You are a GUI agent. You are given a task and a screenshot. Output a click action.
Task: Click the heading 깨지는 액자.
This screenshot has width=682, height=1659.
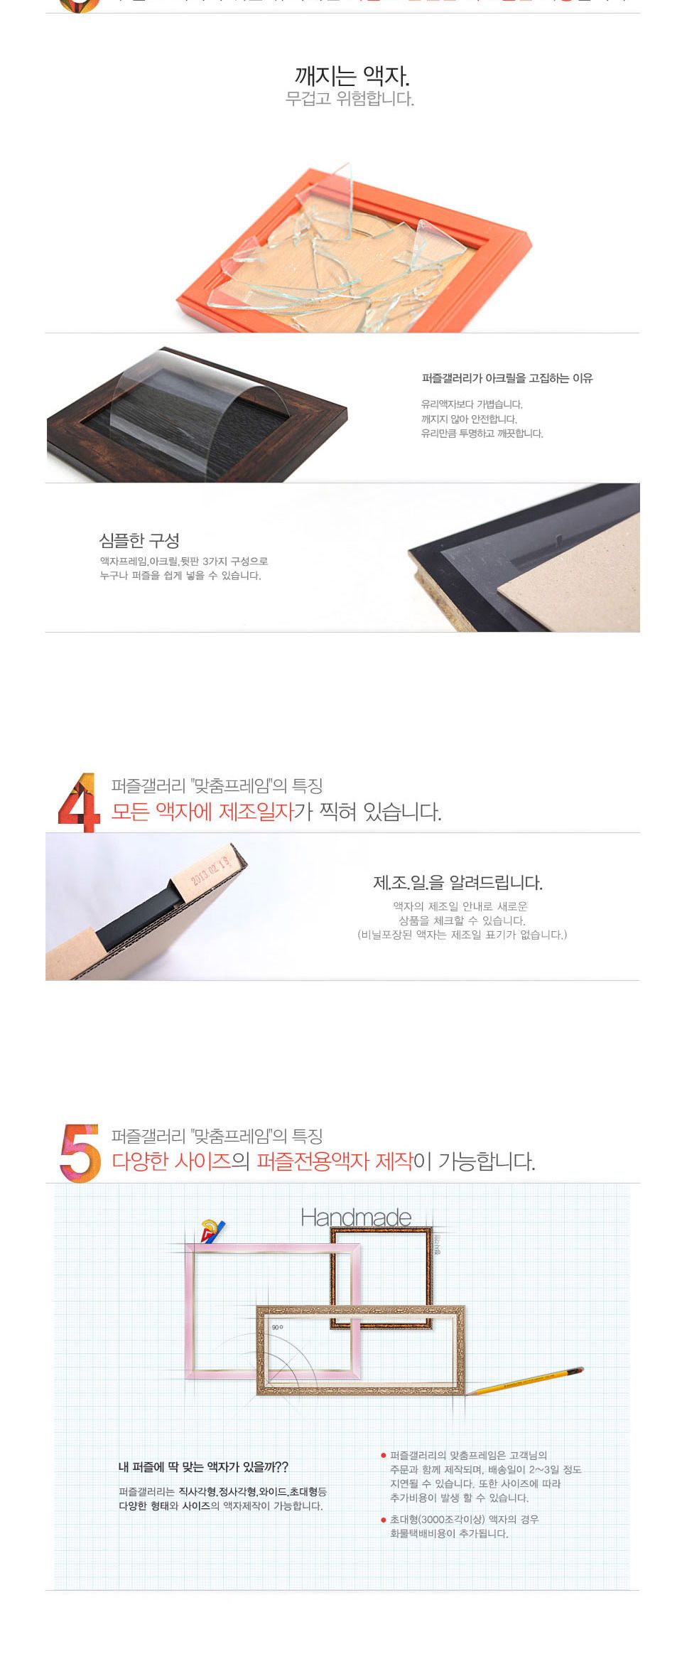point(352,75)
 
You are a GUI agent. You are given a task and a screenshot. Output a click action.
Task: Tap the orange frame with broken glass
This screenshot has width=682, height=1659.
point(353,249)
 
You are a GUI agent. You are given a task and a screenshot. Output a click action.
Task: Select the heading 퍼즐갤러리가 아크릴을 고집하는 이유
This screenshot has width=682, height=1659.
point(507,378)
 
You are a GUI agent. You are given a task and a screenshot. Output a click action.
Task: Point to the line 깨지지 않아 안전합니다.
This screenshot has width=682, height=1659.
point(469,419)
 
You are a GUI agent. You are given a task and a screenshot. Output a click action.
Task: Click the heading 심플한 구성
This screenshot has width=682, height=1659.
point(139,540)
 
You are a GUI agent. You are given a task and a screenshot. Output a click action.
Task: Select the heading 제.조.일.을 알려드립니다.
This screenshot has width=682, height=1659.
point(458,882)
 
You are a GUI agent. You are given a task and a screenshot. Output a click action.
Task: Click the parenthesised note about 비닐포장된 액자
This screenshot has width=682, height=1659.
point(462,935)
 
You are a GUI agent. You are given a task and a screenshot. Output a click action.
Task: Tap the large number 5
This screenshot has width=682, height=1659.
point(80,1152)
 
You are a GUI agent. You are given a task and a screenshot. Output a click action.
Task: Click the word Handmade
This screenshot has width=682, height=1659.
point(356,1217)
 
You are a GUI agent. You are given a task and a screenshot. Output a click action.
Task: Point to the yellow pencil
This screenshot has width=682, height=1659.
point(526,1380)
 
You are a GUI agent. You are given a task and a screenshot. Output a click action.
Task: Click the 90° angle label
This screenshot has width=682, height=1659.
point(277,1327)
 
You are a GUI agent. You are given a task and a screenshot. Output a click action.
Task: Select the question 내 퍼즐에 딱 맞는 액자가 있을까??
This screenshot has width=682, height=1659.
point(203,1467)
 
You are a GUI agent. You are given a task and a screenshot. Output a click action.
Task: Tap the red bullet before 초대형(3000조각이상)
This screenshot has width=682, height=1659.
point(384,1520)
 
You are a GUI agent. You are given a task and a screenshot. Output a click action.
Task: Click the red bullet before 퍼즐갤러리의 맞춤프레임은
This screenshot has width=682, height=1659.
point(384,1456)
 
